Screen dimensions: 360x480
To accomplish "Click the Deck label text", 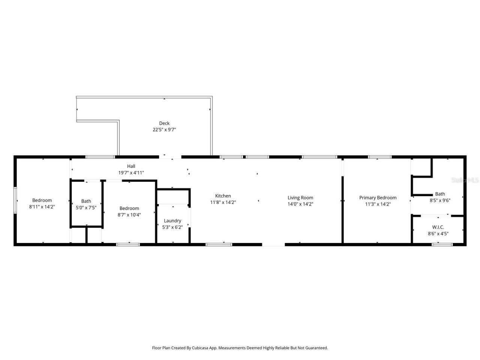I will (164, 123).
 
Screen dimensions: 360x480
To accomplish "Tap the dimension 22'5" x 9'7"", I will (164, 130).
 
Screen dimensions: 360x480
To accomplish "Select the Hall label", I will (131, 166).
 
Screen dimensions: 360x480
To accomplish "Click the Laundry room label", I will (172, 220).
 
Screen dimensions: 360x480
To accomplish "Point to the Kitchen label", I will (223, 196).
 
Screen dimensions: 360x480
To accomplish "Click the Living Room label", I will (300, 198).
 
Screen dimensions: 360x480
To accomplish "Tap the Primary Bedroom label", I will (378, 198).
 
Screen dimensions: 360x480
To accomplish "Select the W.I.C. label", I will (438, 227).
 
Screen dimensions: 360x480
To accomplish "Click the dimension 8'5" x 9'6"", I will (440, 200).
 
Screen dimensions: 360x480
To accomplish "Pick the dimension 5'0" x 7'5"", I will (86, 207).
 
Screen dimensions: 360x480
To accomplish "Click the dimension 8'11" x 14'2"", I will (42, 207).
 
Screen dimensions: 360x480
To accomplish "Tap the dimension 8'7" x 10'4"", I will (129, 215).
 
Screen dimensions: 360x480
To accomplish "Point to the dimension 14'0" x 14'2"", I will (300, 204).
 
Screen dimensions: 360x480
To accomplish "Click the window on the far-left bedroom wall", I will (15, 200).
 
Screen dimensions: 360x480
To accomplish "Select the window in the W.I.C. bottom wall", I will (442, 244).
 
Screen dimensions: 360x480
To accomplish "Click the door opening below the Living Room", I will (273, 244).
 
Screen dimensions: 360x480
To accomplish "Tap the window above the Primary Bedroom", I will (379, 157).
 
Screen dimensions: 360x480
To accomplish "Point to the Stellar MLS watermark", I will (465, 180).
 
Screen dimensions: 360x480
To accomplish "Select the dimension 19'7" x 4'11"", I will (131, 172).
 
